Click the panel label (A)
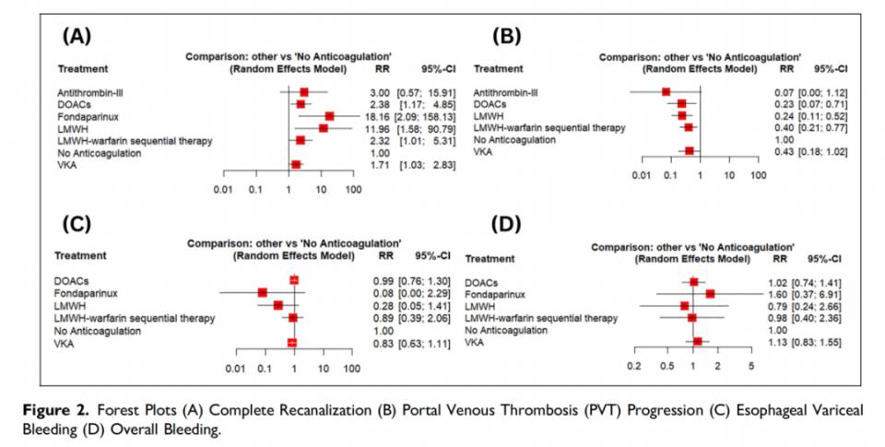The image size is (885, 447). pos(75,35)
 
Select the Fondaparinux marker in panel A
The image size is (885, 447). pos(329,116)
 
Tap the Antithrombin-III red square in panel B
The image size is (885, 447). pos(666,92)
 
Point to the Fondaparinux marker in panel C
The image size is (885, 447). pos(263,292)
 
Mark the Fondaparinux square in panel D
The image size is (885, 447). pos(710,293)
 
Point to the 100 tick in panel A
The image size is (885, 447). pos(352,189)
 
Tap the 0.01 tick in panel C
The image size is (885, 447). pos(235,368)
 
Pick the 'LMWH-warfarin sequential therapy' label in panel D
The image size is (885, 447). pos(541,318)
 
